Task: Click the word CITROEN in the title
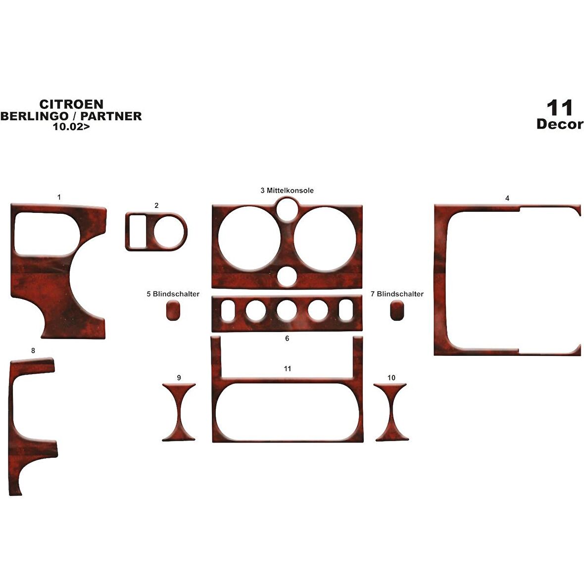click(71, 104)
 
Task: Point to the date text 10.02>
click(72, 126)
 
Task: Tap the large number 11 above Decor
click(560, 108)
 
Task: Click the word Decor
click(560, 124)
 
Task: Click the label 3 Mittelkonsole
click(287, 191)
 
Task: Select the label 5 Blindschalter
click(173, 294)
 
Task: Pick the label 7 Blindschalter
click(397, 294)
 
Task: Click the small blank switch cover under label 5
click(172, 310)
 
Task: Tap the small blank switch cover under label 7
click(396, 310)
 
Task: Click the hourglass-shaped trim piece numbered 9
click(179, 412)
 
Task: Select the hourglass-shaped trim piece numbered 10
click(391, 412)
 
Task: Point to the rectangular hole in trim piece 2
click(138, 232)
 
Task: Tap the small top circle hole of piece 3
click(287, 208)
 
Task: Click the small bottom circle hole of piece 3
click(287, 276)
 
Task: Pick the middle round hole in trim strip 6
click(287, 311)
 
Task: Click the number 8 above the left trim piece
click(33, 351)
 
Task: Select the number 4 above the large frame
click(507, 198)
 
